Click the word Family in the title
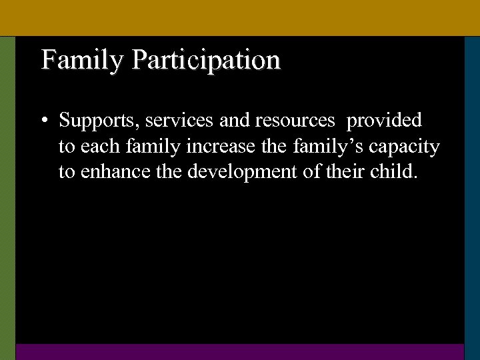[x=82, y=60]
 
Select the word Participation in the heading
[x=206, y=60]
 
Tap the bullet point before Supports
[x=43, y=121]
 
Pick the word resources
[x=291, y=120]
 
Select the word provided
[x=384, y=120]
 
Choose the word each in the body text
[x=95, y=146]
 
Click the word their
[x=355, y=171]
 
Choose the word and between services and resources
[x=232, y=120]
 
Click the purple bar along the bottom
[x=240, y=351]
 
